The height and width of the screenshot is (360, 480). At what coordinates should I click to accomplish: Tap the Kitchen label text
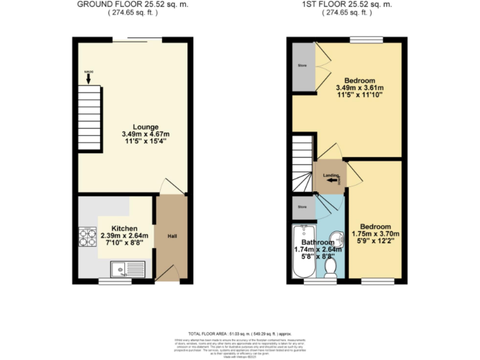(x=124, y=229)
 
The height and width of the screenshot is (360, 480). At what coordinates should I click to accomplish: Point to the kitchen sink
(x=119, y=269)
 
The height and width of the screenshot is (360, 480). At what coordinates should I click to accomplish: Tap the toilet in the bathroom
(x=331, y=267)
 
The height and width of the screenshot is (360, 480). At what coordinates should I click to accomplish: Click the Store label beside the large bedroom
(x=302, y=64)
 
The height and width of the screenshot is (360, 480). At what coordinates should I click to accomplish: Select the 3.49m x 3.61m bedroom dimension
(x=359, y=88)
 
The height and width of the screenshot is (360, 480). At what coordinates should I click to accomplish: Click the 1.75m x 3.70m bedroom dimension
(x=376, y=234)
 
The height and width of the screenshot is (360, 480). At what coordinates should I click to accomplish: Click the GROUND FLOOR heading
(x=132, y=4)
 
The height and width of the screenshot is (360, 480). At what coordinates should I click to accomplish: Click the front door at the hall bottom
(x=164, y=275)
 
